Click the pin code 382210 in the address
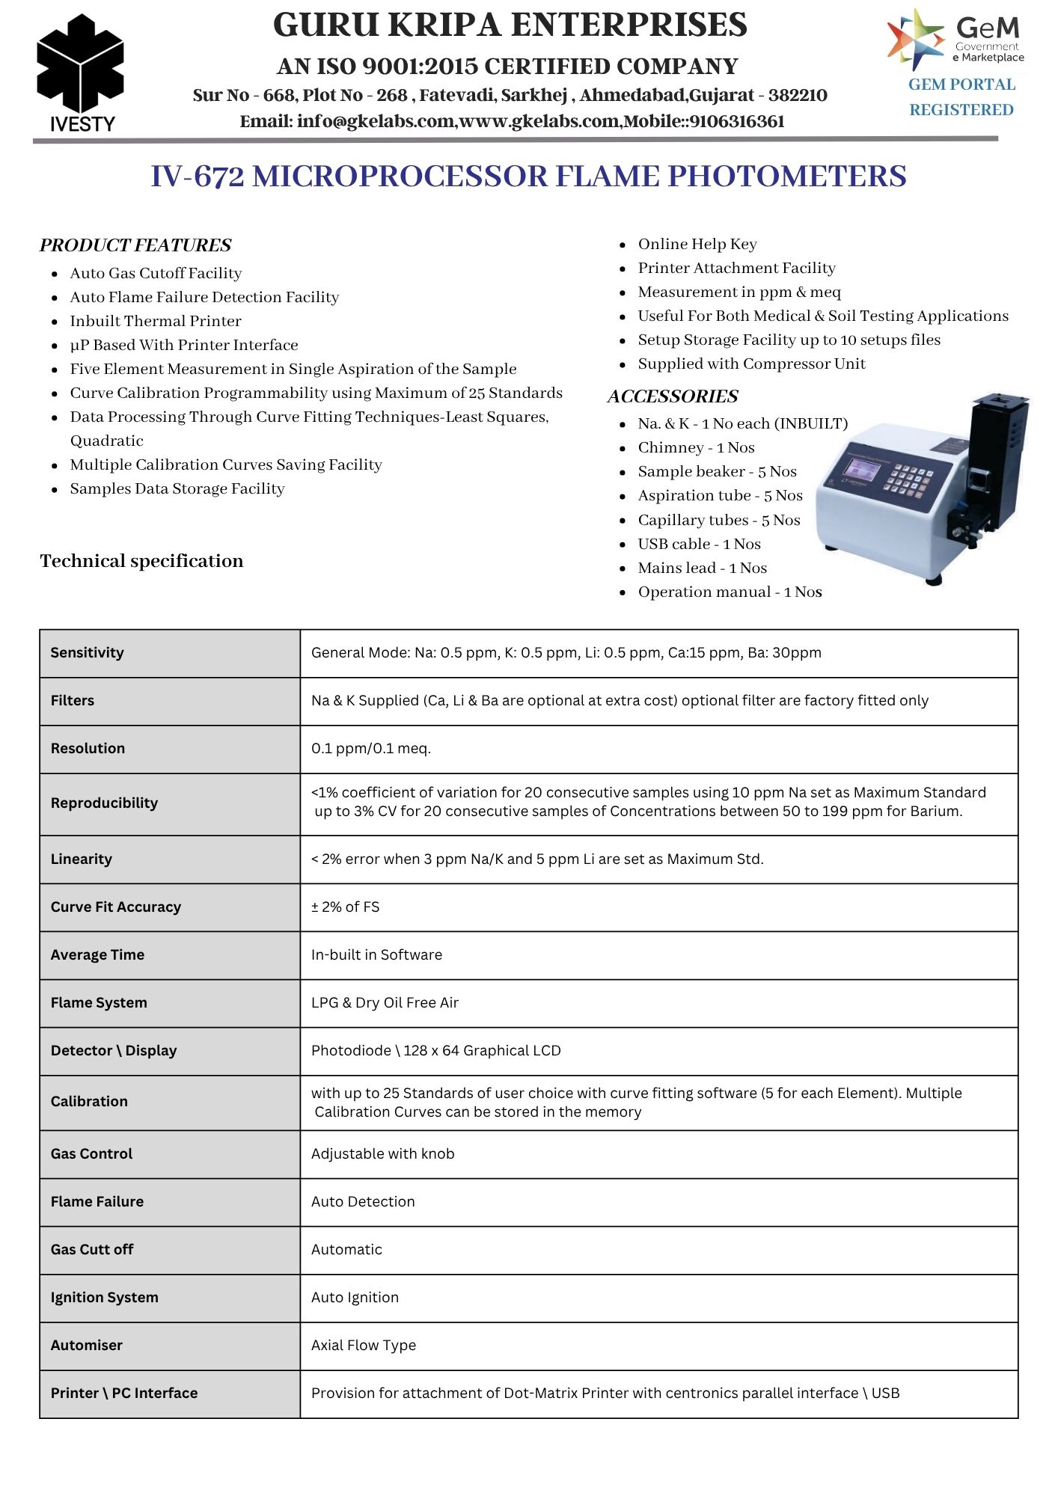tap(798, 95)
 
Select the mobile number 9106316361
tap(737, 121)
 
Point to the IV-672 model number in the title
tap(198, 177)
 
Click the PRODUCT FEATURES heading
tap(135, 245)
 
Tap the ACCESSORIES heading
tap(673, 396)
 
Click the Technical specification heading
tap(141, 561)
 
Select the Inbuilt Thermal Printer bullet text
tap(156, 321)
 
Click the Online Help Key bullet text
tap(697, 244)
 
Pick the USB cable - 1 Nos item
tap(699, 544)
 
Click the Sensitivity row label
tap(87, 652)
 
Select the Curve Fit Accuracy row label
tap(116, 907)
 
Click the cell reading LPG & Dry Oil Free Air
tap(385, 1002)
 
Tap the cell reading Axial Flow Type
tap(364, 1345)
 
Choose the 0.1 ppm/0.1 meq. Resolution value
tap(371, 748)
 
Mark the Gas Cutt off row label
tap(92, 1249)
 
